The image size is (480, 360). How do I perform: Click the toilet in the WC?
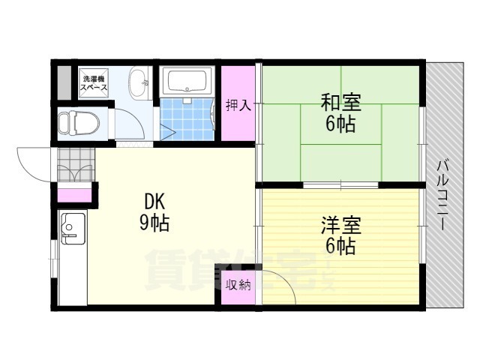click(x=78, y=123)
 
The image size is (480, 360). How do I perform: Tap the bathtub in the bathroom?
click(x=187, y=81)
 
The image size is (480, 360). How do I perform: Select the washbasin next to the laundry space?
click(x=139, y=83)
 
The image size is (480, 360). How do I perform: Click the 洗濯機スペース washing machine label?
click(x=94, y=83)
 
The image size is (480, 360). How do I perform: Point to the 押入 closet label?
click(x=238, y=105)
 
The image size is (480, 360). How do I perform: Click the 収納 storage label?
click(x=238, y=285)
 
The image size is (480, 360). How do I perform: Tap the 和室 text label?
click(x=340, y=102)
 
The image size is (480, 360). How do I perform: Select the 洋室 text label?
click(x=340, y=225)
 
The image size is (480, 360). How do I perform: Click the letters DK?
click(x=154, y=202)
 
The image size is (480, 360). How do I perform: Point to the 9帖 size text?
click(x=154, y=223)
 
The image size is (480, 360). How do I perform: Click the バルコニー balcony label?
click(x=442, y=195)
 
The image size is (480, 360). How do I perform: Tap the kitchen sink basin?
click(x=73, y=228)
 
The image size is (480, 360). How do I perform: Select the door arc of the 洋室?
click(x=286, y=279)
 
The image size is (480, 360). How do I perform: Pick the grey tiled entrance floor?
click(x=76, y=164)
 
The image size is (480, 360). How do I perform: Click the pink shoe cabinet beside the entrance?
click(x=75, y=195)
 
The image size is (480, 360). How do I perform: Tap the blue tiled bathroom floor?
click(x=187, y=119)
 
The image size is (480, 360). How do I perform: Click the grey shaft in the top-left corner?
click(x=64, y=82)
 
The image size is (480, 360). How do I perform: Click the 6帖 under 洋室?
click(x=340, y=247)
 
